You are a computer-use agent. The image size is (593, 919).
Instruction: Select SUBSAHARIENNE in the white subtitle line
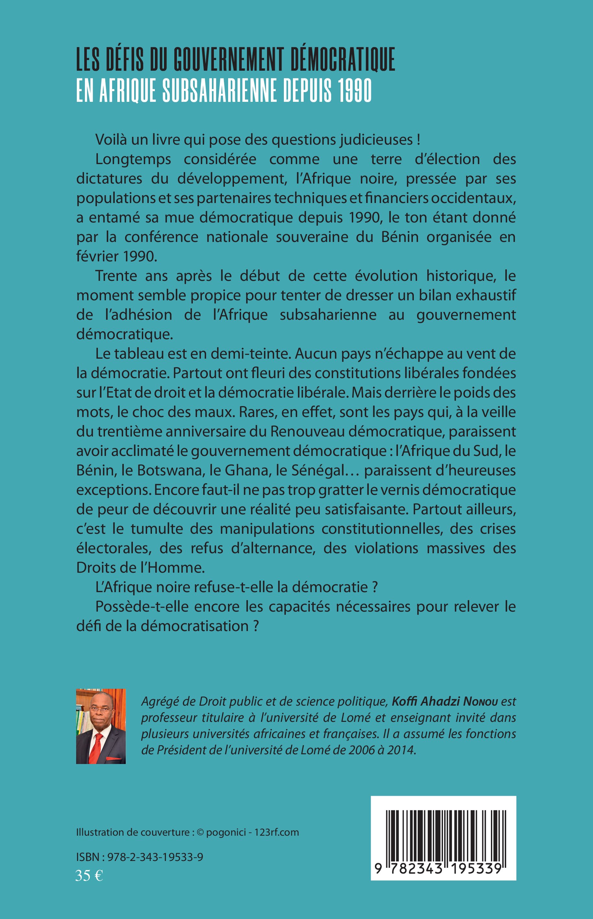(x=219, y=90)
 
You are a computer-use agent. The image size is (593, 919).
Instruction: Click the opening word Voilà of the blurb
(x=111, y=139)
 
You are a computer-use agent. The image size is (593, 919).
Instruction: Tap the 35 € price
(x=89, y=876)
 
